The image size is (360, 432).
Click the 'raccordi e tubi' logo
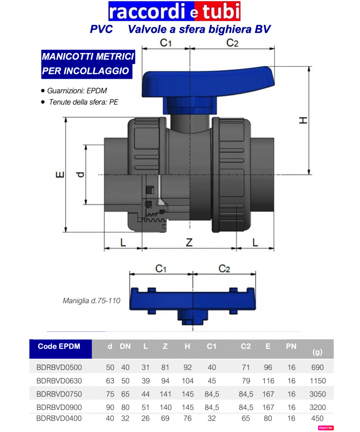pos(174,12)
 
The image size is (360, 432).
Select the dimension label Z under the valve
pos(189,243)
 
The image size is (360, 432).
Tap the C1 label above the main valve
pos(166,43)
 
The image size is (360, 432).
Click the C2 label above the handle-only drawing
pos(224,269)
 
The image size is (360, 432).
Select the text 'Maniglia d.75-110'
pos(91,301)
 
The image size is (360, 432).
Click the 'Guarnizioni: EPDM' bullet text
pos(77,90)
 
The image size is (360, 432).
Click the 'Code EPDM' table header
pos(59,346)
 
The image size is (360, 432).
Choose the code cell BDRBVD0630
pos(59,381)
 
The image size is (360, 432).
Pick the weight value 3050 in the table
pos(318,394)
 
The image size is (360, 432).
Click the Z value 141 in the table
pos(165,394)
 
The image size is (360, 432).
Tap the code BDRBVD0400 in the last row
pos(59,418)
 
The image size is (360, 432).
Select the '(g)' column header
pos(317,352)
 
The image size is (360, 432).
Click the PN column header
pos(291,346)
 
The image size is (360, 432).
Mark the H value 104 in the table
pos(187,381)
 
